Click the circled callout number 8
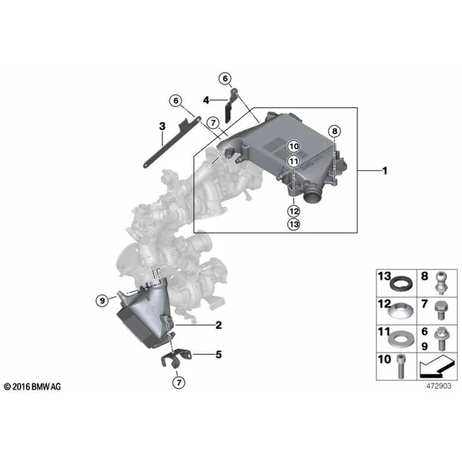click(x=334, y=131)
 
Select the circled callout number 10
click(x=294, y=146)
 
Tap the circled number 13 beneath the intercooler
click(x=294, y=225)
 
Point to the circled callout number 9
click(x=102, y=300)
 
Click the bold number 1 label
click(x=384, y=171)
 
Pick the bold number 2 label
click(x=219, y=325)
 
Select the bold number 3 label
click(x=162, y=126)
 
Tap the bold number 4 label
click(x=206, y=100)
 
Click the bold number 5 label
click(x=219, y=354)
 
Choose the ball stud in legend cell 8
click(x=441, y=283)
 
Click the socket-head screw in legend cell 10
click(x=400, y=366)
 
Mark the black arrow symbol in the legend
click(x=436, y=367)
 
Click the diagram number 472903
click(x=439, y=386)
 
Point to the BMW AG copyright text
click(x=32, y=387)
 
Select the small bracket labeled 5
click(x=176, y=358)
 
